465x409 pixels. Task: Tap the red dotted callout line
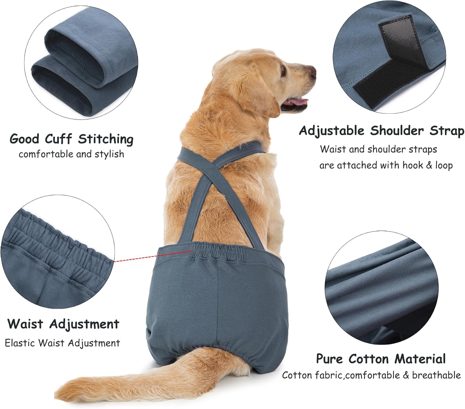click(153, 256)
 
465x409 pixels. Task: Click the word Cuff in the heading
click(59, 139)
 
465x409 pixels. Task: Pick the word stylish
click(109, 154)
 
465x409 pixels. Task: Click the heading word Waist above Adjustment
click(25, 324)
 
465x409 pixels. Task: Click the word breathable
click(436, 375)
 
